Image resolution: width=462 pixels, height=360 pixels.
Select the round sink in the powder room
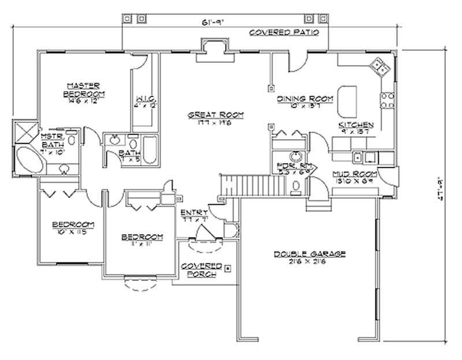click(296, 156)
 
